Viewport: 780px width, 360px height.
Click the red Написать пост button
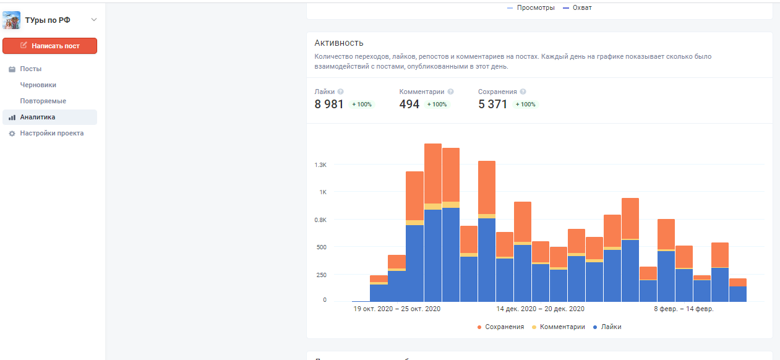(x=49, y=46)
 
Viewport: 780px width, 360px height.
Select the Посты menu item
(x=30, y=69)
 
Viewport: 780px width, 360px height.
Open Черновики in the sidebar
(x=38, y=85)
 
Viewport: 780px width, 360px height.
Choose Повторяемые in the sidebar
(x=43, y=101)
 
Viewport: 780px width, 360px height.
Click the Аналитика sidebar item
(x=37, y=118)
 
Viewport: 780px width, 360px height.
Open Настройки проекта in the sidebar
(x=51, y=134)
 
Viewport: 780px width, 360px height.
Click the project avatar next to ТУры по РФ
(x=12, y=20)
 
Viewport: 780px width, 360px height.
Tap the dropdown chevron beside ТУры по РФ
(x=94, y=20)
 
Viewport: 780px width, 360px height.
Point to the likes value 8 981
(x=329, y=105)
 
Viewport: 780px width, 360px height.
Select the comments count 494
(x=409, y=105)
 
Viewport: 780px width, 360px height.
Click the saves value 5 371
(x=492, y=105)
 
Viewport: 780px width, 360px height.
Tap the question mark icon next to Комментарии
(x=450, y=92)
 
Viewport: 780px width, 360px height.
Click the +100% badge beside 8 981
(x=362, y=105)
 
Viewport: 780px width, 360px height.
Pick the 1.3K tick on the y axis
(x=320, y=165)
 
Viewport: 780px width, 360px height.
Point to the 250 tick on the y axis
(x=320, y=275)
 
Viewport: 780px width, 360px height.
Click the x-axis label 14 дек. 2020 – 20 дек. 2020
(x=540, y=309)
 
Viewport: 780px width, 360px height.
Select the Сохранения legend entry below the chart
(x=500, y=327)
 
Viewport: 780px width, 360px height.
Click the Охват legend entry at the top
(x=578, y=7)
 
